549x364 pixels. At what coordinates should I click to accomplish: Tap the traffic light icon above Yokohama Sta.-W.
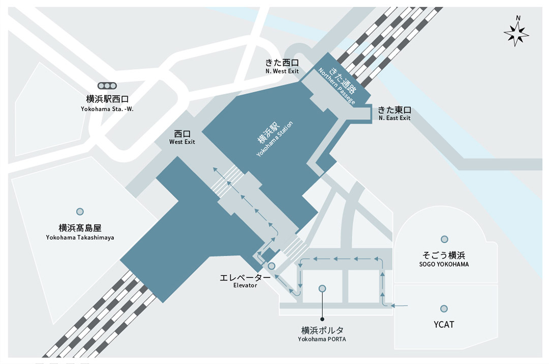tap(107, 86)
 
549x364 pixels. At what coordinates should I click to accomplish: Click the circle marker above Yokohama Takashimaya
tap(80, 212)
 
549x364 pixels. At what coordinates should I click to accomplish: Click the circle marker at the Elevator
tap(271, 266)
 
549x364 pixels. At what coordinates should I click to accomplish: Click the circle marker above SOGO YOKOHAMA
tap(444, 239)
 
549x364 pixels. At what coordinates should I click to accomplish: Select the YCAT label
tap(444, 324)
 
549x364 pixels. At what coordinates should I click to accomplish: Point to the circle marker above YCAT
tap(444, 309)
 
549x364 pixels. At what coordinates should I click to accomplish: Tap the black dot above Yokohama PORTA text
tap(322, 319)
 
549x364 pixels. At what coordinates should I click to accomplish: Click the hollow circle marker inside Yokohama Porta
tap(322, 288)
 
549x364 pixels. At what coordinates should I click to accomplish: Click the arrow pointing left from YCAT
tap(399, 306)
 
